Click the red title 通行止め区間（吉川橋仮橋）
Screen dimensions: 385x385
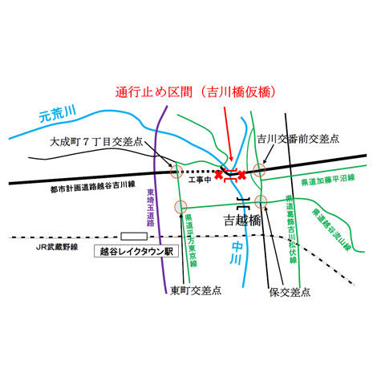coord(196,92)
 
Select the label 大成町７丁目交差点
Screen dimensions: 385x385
coord(96,142)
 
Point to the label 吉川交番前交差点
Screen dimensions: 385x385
coord(298,139)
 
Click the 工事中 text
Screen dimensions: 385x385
coord(200,180)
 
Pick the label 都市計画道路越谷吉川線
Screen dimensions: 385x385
coord(93,187)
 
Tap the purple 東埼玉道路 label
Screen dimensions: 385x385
coord(151,208)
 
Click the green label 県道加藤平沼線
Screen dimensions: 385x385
coord(328,180)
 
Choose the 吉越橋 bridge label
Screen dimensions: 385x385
coord(242,221)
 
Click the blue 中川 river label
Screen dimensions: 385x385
coord(237,253)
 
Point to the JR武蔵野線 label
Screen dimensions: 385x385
coord(57,247)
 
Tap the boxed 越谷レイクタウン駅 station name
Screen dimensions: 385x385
coord(136,251)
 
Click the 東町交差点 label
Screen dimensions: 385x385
coord(196,290)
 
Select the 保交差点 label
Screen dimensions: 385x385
coord(290,292)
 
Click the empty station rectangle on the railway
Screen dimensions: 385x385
coord(134,237)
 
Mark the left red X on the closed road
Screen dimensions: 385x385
coord(219,175)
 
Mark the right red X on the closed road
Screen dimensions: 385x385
coord(241,175)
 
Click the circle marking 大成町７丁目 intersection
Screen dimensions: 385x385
coord(176,172)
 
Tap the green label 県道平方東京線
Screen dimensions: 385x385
coord(192,241)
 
